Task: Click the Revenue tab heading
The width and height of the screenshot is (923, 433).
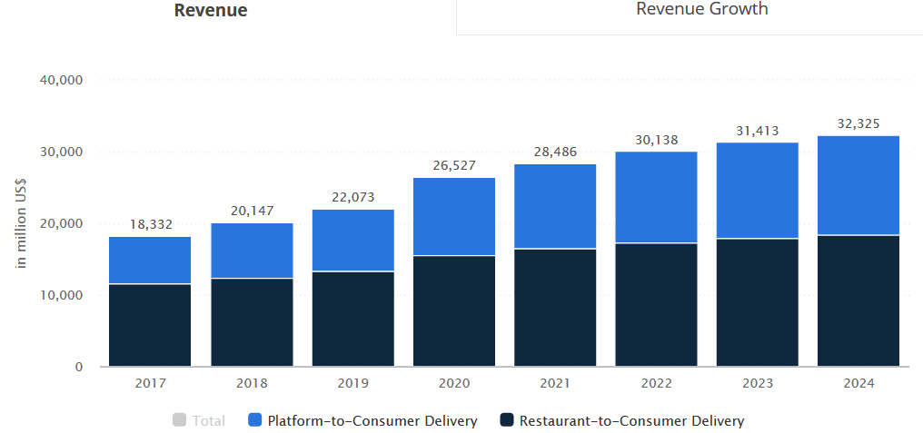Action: [211, 11]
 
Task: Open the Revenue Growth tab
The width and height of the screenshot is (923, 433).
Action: [701, 9]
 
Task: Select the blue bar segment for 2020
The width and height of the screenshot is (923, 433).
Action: [454, 216]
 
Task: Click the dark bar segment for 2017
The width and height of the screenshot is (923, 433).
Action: [150, 325]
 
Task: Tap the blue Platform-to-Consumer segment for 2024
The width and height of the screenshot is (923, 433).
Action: [858, 185]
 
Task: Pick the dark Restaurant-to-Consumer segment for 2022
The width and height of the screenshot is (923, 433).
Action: [656, 304]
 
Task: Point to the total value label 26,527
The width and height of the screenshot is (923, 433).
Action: [454, 165]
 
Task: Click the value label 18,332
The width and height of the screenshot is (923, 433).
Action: [150, 224]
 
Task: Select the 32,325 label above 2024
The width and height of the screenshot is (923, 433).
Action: [858, 123]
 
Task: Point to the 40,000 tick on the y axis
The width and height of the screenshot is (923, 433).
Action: [62, 80]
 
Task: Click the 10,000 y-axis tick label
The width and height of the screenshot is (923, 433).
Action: [62, 296]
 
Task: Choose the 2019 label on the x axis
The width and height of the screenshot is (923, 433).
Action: [352, 384]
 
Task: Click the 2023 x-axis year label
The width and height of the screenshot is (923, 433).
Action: [757, 384]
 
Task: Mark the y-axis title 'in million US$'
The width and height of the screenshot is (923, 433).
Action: [23, 223]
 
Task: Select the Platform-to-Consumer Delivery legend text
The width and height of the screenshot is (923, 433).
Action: [372, 421]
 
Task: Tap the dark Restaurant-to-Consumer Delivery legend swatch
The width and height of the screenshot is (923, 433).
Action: [506, 420]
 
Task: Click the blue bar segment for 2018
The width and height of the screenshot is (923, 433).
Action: [252, 251]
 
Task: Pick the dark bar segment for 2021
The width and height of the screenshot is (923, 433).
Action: [555, 308]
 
